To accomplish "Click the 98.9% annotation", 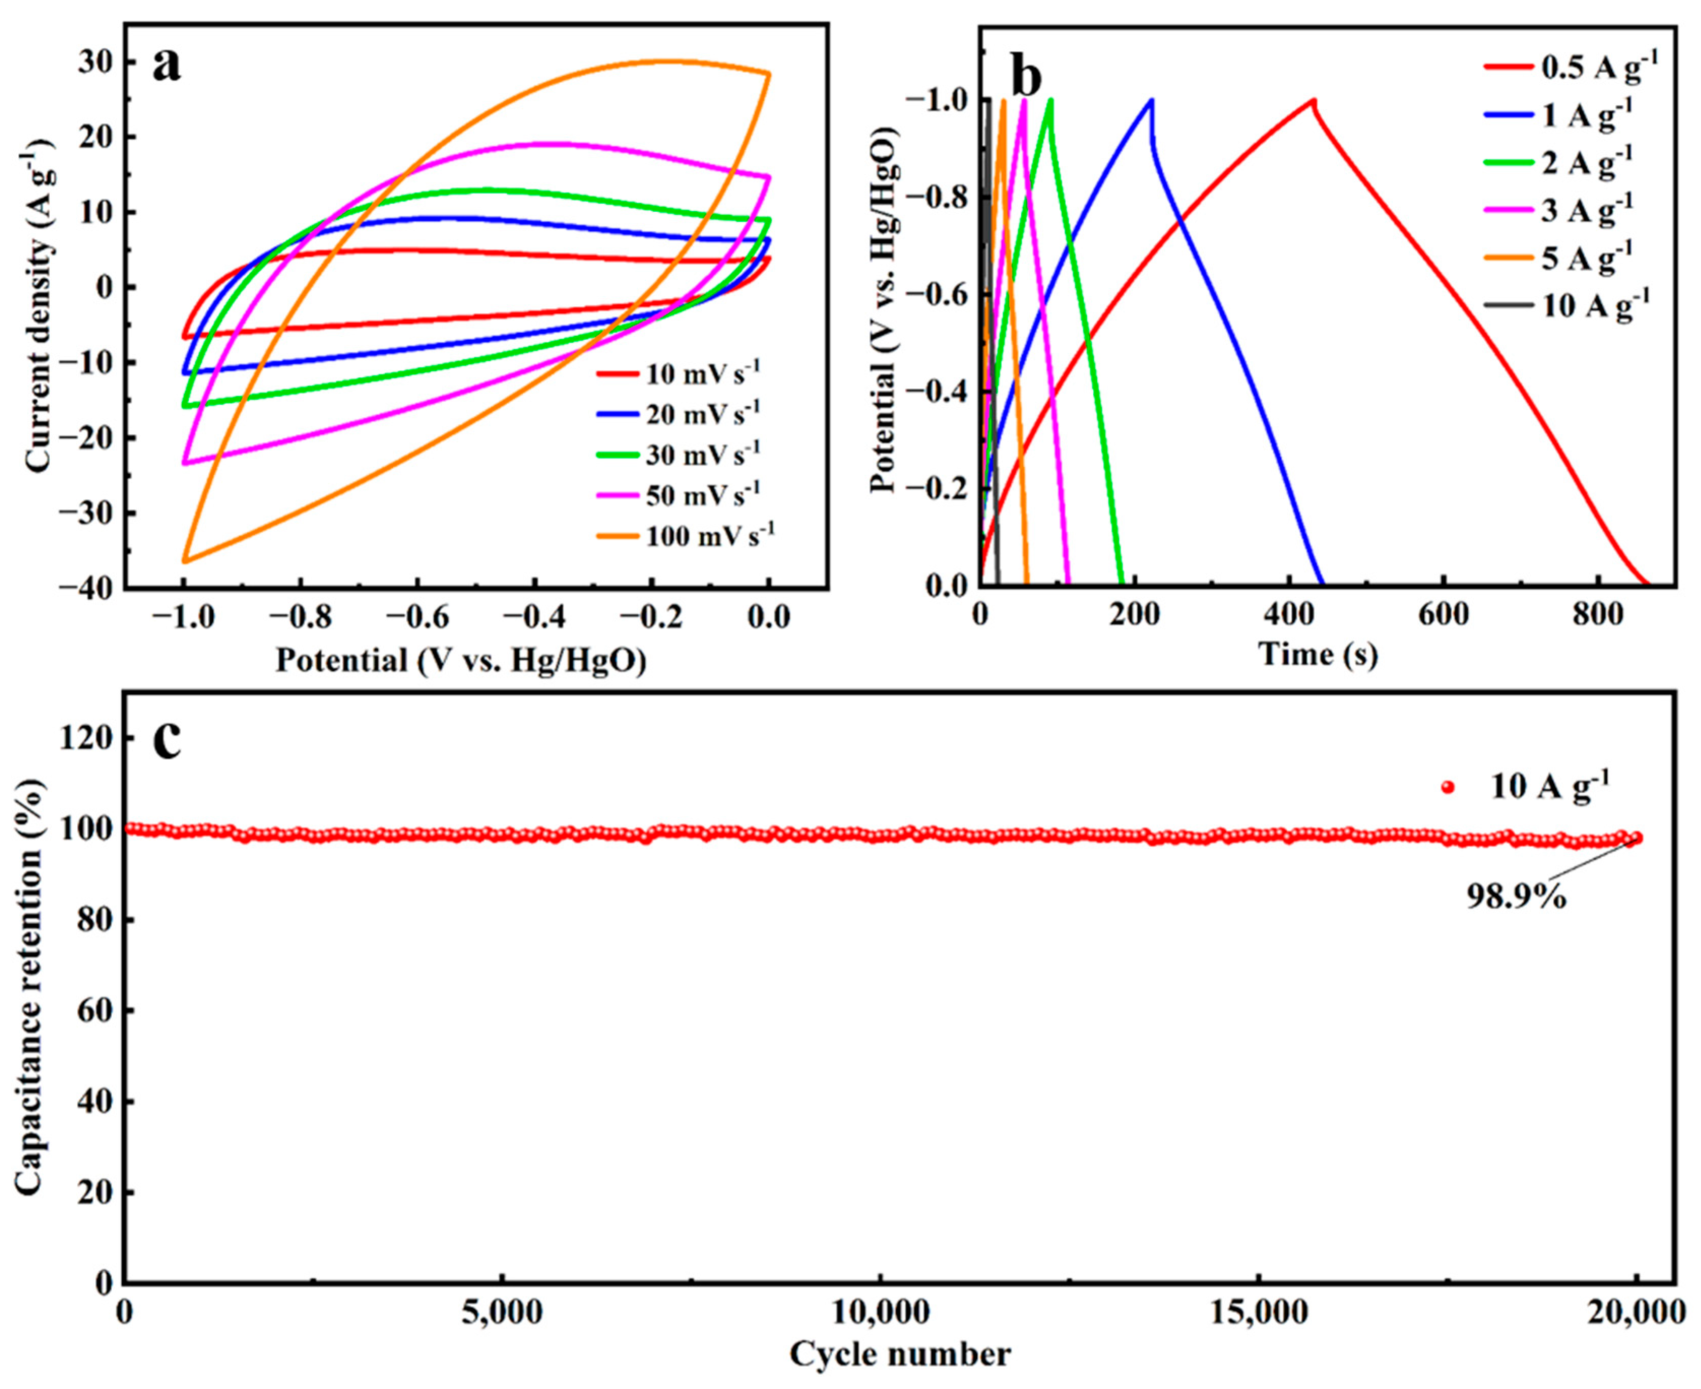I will (x=1515, y=896).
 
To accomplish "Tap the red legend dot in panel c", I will (x=1447, y=787).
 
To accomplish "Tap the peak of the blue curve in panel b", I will (x=1151, y=100).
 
